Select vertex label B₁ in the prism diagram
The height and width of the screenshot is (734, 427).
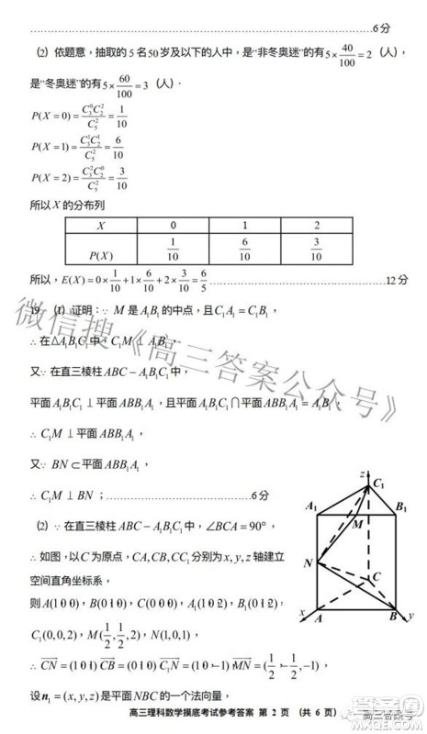pos(401,506)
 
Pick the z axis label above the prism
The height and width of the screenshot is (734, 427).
pos(364,471)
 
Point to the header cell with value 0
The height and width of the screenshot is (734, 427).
pos(173,225)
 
